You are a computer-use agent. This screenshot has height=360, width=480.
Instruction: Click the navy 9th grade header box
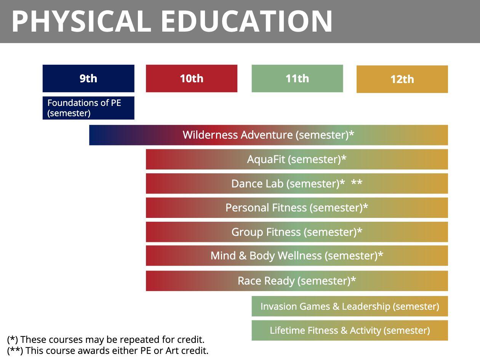coord(88,78)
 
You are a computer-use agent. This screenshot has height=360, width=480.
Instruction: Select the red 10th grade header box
coord(192,78)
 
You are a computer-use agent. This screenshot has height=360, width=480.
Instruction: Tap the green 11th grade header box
coord(297,78)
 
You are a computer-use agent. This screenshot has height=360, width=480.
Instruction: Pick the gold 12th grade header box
coord(402,79)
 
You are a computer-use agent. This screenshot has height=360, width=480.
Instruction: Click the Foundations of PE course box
coord(88,108)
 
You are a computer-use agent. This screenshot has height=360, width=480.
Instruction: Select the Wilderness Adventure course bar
coord(269,135)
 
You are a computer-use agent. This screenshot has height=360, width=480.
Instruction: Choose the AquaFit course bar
coord(297,159)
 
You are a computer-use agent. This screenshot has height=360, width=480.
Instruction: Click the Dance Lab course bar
coord(297,183)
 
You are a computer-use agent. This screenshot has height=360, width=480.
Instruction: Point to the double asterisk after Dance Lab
coord(357,182)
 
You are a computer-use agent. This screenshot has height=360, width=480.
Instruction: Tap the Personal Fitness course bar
coord(297,208)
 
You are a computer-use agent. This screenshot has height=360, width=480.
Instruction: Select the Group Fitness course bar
coord(297,232)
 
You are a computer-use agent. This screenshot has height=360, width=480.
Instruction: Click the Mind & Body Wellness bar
coord(297,256)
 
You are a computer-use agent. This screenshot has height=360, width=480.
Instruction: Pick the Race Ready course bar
coord(297,281)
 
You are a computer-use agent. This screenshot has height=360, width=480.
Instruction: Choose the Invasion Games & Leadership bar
coord(350,306)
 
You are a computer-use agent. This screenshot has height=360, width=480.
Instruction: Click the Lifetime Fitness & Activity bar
coord(350,330)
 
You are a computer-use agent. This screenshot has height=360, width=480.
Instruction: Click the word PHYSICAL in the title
coord(82,21)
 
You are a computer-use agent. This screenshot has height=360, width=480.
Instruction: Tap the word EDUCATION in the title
coord(247,21)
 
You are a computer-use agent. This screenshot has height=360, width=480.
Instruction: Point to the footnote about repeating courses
coord(106,339)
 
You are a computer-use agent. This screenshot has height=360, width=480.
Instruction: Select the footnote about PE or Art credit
coord(108,350)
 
